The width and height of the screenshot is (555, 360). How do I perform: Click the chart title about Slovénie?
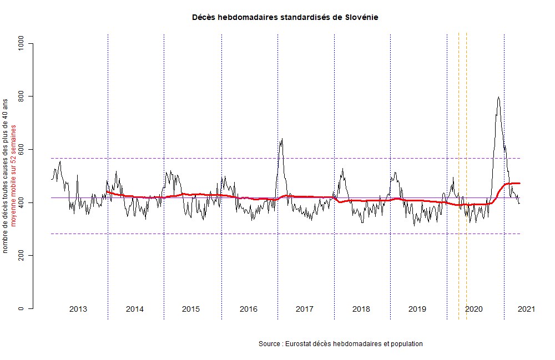click(x=285, y=17)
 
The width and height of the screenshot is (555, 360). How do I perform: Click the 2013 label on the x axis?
click(x=78, y=309)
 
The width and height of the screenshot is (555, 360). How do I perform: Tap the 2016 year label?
click(x=248, y=309)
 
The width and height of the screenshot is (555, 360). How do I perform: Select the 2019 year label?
click(x=417, y=309)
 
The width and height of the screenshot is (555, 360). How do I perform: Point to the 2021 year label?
click(x=526, y=309)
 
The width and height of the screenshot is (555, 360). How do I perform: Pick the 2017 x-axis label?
click(x=305, y=309)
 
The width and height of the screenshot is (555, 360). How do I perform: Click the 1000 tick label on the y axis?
click(x=22, y=43)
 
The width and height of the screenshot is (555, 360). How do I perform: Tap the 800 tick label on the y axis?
click(x=22, y=97)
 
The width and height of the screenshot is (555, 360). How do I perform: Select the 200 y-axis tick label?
click(x=22, y=256)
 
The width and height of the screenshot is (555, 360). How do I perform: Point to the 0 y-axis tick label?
click(x=22, y=308)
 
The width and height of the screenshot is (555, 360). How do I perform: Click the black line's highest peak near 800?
click(x=498, y=98)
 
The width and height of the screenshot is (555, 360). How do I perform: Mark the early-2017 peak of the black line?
click(x=282, y=139)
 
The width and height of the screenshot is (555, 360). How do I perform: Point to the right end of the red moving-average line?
click(x=519, y=183)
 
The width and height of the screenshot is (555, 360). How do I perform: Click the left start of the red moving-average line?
click(x=107, y=192)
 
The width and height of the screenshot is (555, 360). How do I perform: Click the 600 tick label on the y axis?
click(x=22, y=150)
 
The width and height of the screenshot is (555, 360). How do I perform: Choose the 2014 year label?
click(x=135, y=309)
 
